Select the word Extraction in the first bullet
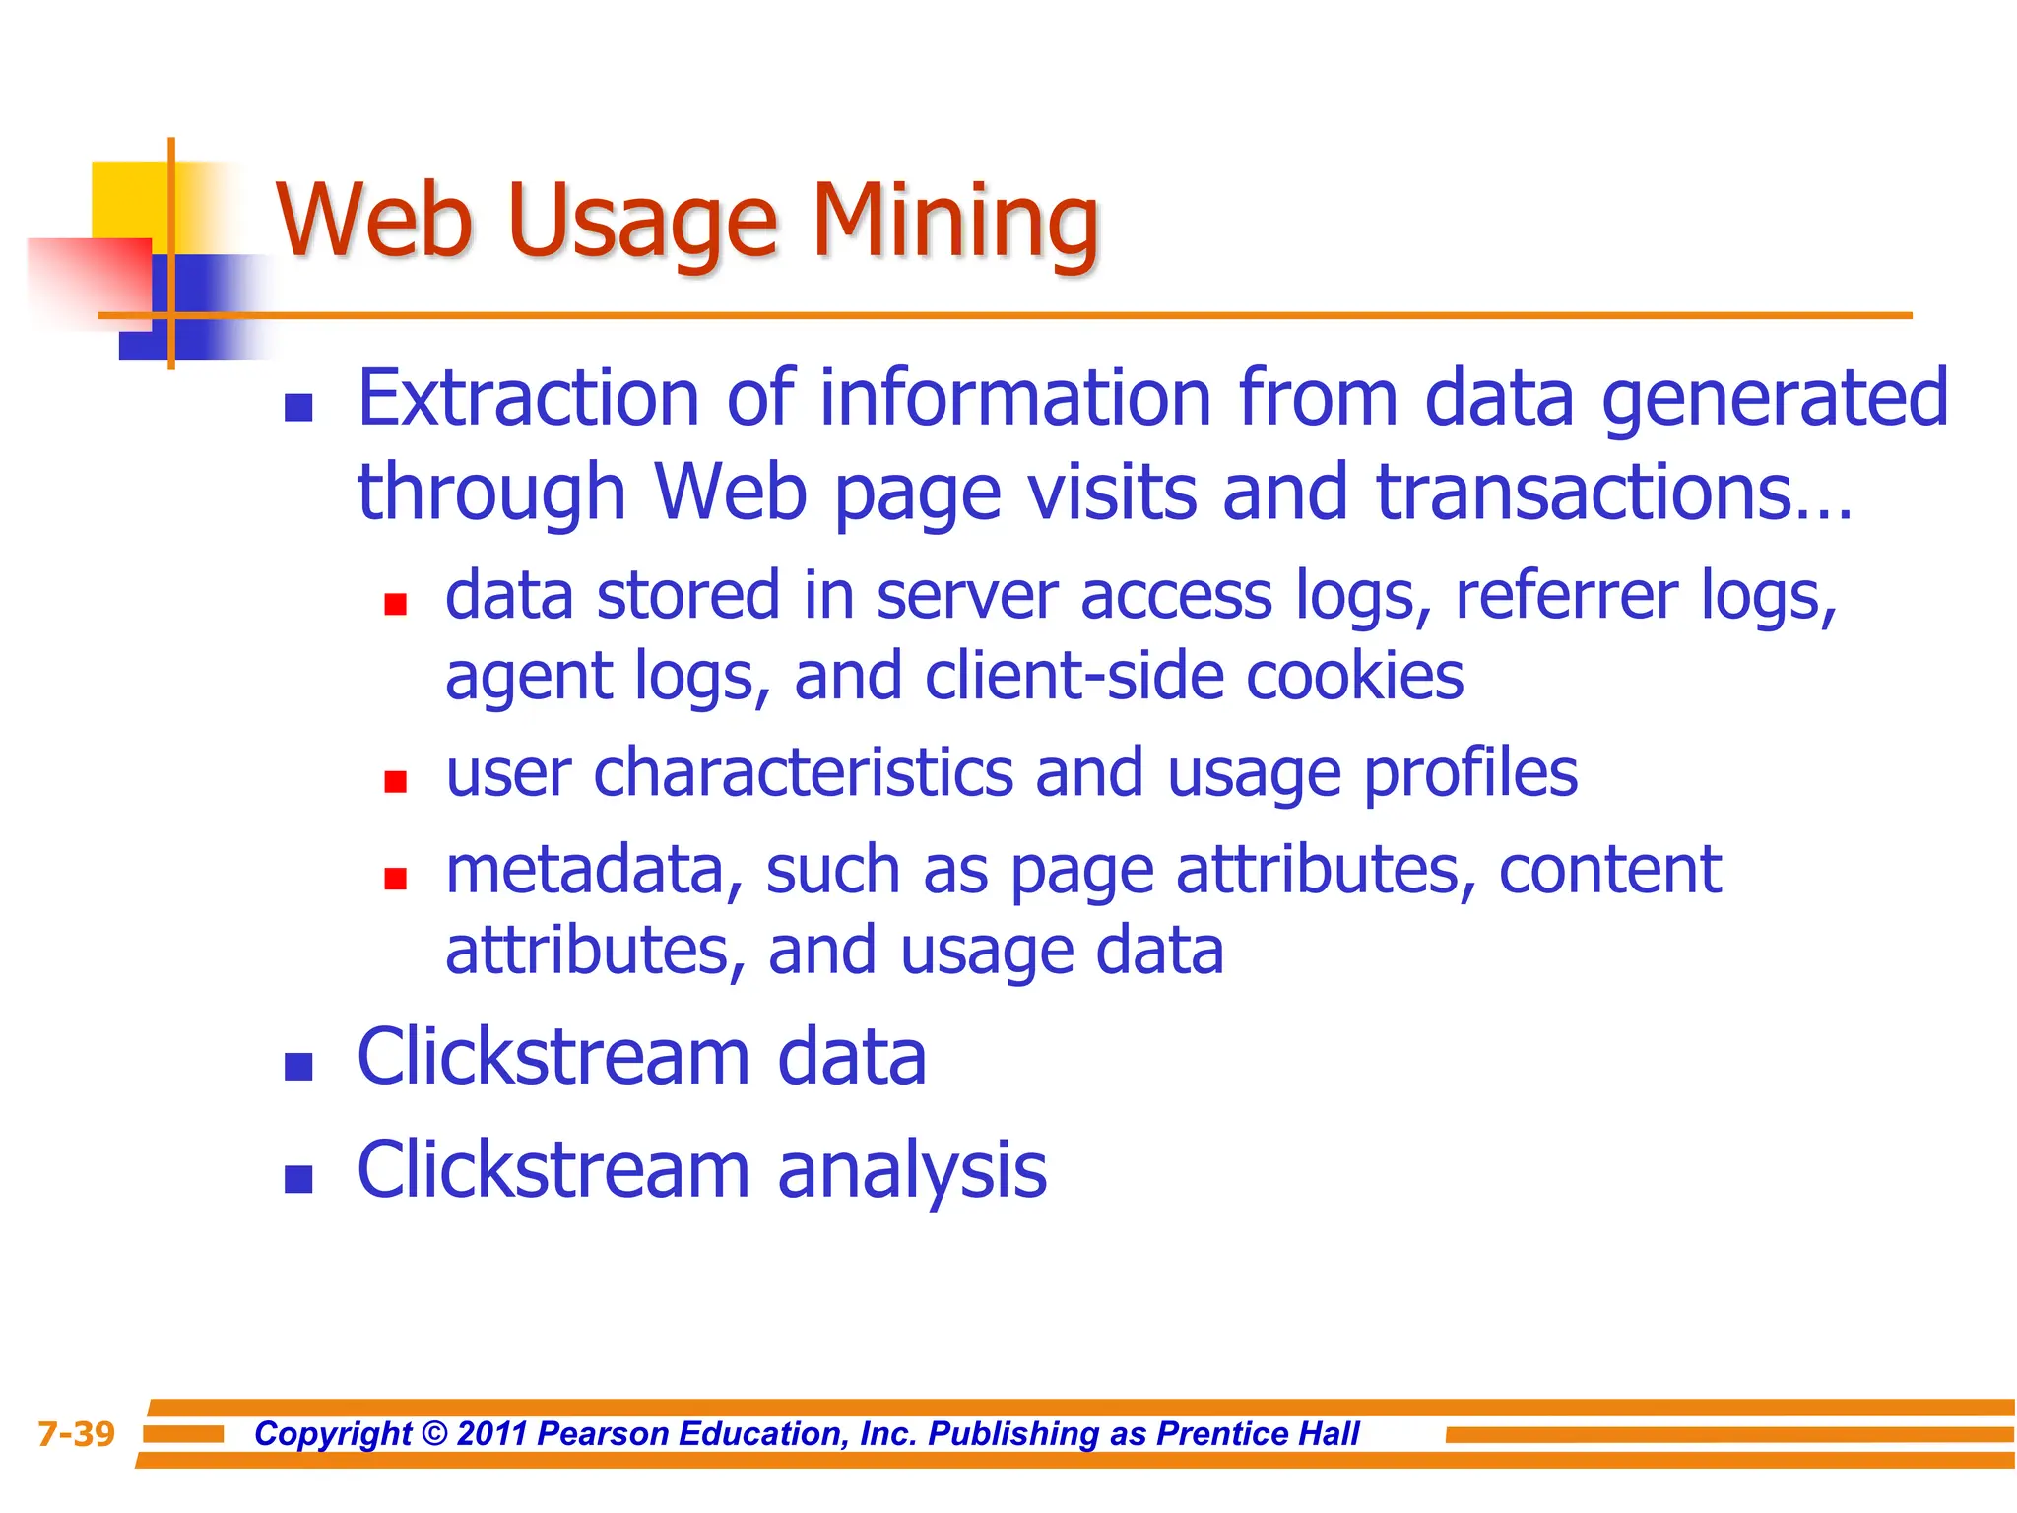[x=528, y=398]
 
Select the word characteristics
[x=803, y=773]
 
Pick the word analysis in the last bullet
[x=912, y=1170]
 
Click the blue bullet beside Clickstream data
[x=298, y=1067]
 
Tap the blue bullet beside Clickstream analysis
[x=298, y=1179]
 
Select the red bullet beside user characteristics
[x=396, y=782]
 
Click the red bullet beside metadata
[x=396, y=879]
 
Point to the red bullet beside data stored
[x=396, y=604]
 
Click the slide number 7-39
[x=76, y=1434]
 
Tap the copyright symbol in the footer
[x=434, y=1434]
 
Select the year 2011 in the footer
[x=493, y=1434]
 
